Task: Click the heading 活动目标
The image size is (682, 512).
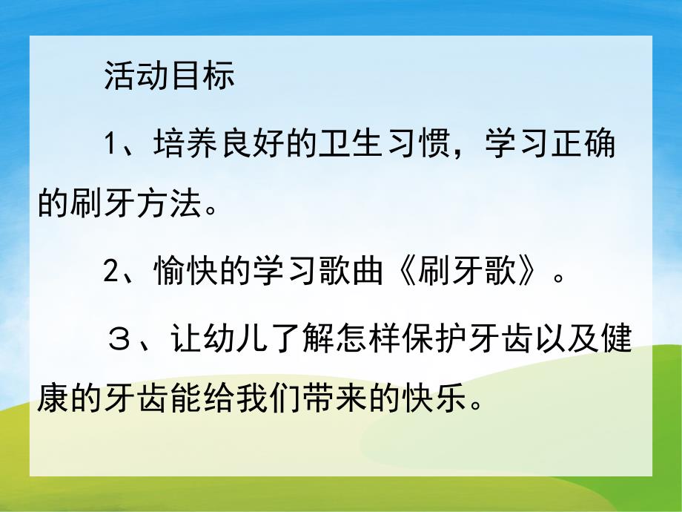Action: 170,77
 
